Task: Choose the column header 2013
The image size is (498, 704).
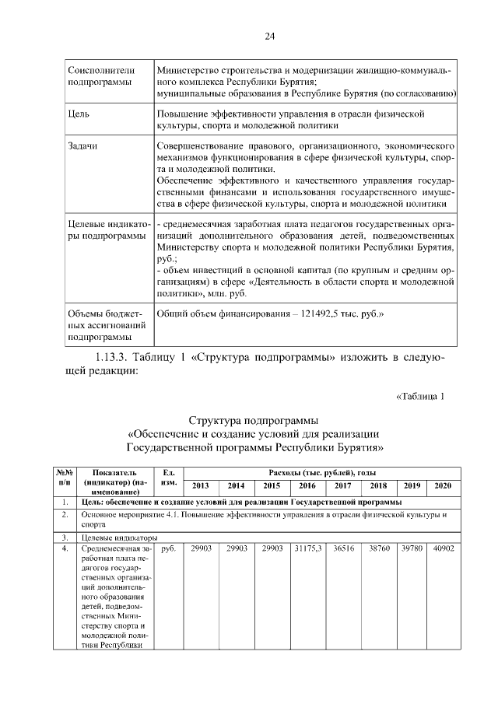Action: (x=200, y=485)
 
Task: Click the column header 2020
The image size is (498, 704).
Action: (x=442, y=485)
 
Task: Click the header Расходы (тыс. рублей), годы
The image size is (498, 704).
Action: (x=321, y=472)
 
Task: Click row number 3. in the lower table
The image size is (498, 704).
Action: (x=65, y=537)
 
